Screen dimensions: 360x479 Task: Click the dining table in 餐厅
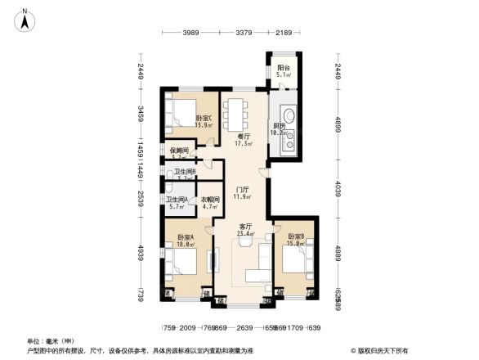(x=236, y=110)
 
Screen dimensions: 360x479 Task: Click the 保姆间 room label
(x=180, y=152)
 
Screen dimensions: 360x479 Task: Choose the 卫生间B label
(x=185, y=173)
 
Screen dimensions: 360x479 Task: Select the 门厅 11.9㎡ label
(x=239, y=192)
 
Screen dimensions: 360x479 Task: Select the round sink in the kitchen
(x=288, y=116)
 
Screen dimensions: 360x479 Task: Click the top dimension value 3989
(x=190, y=33)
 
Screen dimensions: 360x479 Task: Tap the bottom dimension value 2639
(x=244, y=327)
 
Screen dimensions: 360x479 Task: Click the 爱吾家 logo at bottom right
(x=381, y=350)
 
